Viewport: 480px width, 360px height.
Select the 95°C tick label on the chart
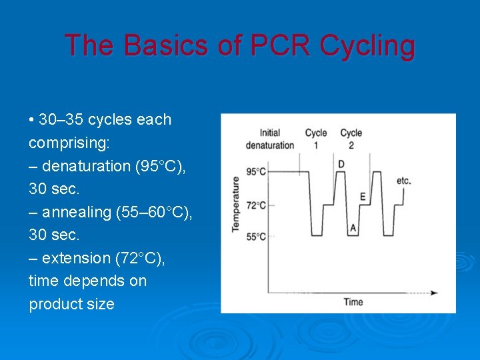click(256, 172)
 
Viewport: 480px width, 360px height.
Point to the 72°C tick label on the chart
click(256, 205)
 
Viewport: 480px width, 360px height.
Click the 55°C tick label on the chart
click(256, 236)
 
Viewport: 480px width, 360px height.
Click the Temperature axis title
click(235, 203)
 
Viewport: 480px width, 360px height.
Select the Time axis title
click(353, 302)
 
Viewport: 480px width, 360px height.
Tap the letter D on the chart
click(341, 164)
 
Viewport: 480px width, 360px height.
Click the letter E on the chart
click(362, 197)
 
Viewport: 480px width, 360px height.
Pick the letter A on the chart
click(353, 228)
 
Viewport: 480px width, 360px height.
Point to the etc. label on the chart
click(403, 180)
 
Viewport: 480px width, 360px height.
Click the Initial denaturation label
click(270, 139)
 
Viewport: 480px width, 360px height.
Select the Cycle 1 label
click(316, 139)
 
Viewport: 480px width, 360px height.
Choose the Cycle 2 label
click(351, 139)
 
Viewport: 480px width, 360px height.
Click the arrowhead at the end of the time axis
click(434, 293)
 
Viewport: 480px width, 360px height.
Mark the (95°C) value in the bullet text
click(160, 166)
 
